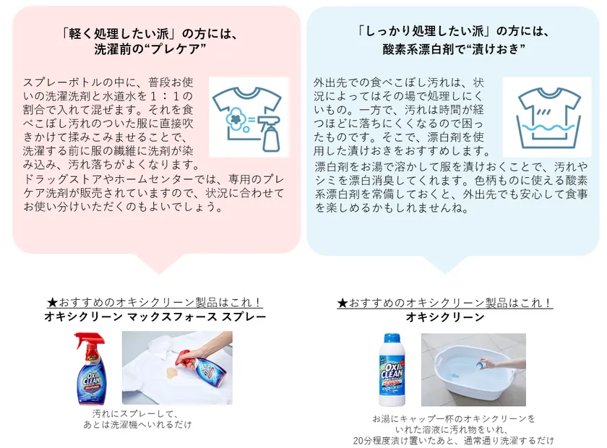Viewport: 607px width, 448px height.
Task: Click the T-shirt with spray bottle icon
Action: (x=249, y=117)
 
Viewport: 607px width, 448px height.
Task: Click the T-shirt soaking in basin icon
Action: (x=536, y=117)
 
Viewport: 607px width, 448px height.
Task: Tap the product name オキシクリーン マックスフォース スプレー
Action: (x=155, y=317)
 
